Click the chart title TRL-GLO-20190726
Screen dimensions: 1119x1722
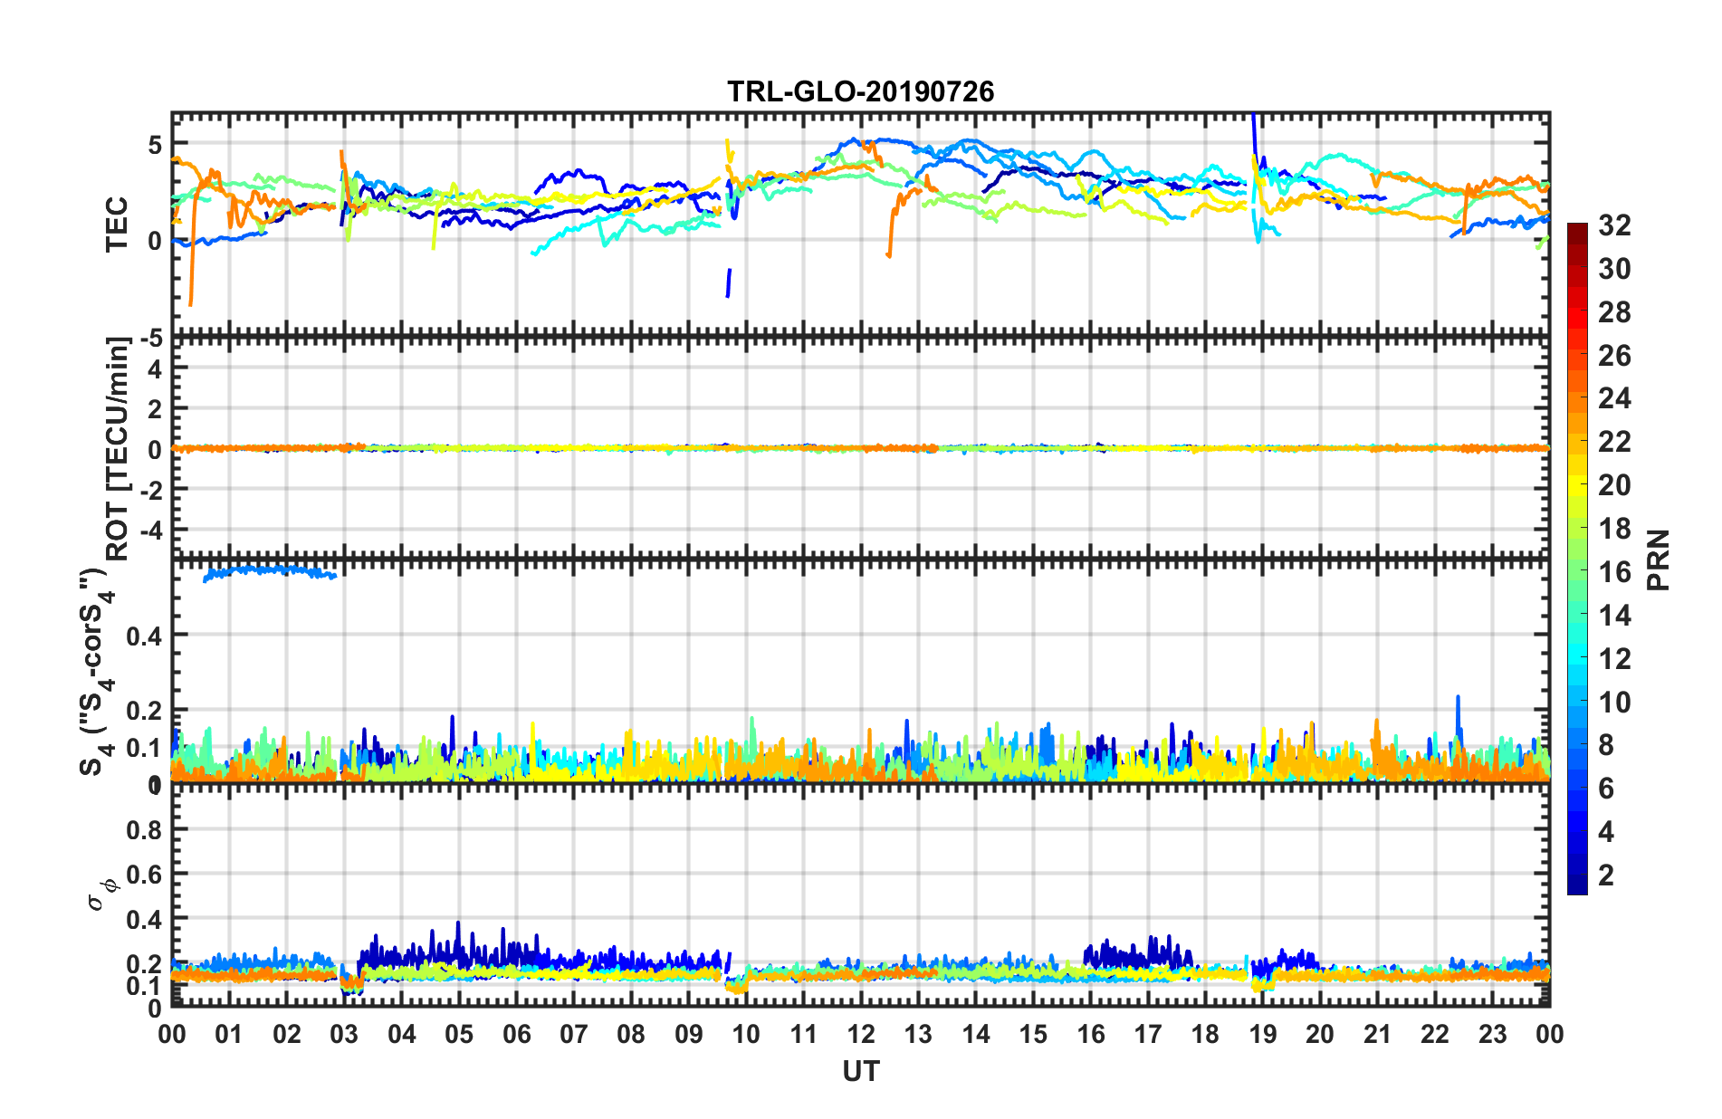point(860,91)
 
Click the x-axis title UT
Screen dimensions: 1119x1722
point(860,1072)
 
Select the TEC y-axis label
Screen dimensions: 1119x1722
point(118,225)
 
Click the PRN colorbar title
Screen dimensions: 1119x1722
point(1659,559)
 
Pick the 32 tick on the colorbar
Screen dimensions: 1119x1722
point(1614,225)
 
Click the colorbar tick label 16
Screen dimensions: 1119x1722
point(1614,572)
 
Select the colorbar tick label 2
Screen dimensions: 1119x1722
point(1606,875)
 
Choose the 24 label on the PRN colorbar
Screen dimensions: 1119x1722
point(1614,398)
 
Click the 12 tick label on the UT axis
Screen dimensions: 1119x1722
point(861,1034)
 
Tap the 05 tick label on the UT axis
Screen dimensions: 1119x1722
point(459,1034)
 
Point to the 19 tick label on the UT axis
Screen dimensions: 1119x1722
point(1262,1034)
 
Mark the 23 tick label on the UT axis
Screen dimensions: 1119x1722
point(1492,1034)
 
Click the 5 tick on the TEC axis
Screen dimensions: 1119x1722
point(155,145)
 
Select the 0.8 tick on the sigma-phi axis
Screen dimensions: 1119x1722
point(145,830)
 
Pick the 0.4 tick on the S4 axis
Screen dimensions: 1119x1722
point(145,636)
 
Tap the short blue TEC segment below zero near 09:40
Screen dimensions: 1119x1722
point(728,282)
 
